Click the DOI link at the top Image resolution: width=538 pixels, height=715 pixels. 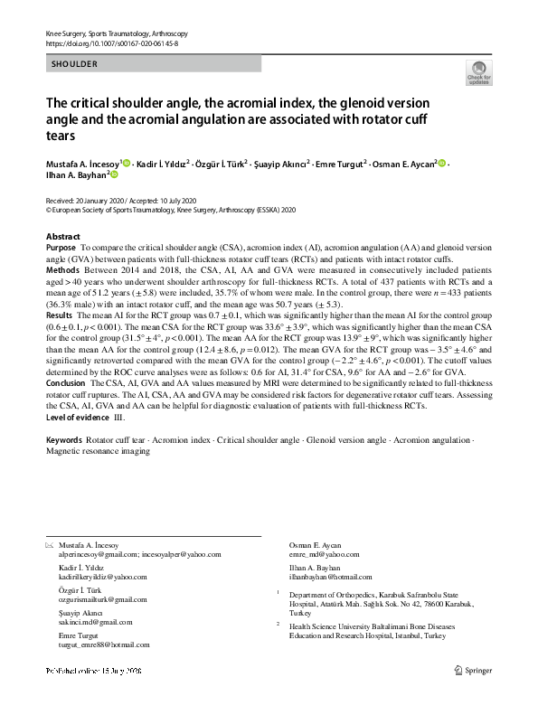tap(111, 42)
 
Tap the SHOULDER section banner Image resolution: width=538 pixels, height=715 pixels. tap(73, 65)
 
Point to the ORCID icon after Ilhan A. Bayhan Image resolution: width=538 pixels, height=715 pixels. tap(115, 176)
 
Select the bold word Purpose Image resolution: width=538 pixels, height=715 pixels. tap(61, 247)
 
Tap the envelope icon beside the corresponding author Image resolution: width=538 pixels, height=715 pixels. tap(49, 544)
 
